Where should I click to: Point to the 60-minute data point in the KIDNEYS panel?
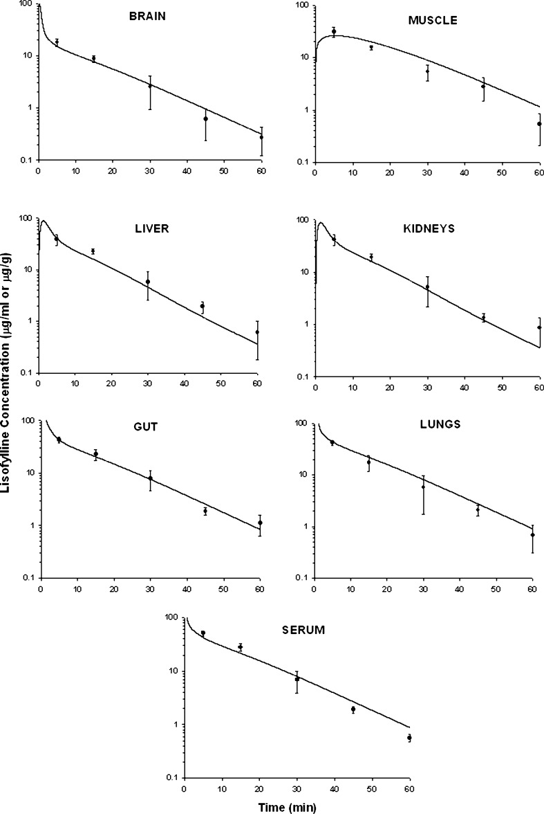coord(539,327)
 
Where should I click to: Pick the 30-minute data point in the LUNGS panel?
coord(423,487)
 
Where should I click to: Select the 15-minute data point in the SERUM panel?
coord(241,647)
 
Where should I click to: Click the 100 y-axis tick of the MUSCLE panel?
coord(301,5)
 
